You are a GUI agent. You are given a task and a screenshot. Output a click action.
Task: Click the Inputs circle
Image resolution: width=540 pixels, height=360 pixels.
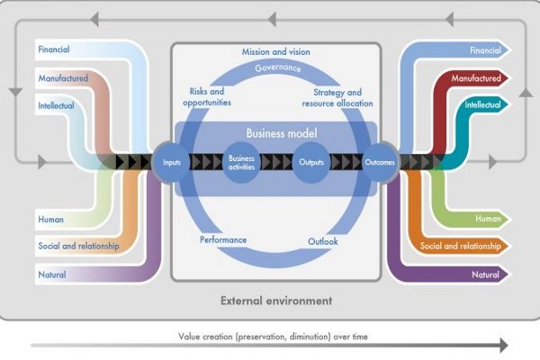(x=171, y=162)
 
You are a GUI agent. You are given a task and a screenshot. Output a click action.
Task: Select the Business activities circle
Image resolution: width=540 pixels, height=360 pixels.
(x=241, y=163)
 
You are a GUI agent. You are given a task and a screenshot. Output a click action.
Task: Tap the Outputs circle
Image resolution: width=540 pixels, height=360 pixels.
(x=311, y=162)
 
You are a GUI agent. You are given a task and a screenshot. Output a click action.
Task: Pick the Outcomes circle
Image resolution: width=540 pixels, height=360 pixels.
(x=380, y=162)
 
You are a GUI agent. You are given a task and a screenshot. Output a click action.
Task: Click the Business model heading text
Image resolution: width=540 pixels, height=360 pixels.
(x=282, y=133)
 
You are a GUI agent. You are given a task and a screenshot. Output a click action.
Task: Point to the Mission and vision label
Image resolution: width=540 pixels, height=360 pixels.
(x=276, y=51)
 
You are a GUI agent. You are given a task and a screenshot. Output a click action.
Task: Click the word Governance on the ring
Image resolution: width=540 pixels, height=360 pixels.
(x=278, y=67)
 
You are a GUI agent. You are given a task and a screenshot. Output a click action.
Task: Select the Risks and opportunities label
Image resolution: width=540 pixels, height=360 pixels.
(x=207, y=97)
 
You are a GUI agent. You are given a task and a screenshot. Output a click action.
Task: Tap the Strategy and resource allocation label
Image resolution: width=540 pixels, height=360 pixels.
(x=337, y=98)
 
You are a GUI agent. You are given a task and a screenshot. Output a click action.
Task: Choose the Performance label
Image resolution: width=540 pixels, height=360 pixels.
(x=223, y=239)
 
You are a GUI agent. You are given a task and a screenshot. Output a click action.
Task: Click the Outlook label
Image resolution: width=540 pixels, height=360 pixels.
(x=323, y=241)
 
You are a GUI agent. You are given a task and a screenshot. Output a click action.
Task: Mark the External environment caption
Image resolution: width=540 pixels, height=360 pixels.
(x=276, y=301)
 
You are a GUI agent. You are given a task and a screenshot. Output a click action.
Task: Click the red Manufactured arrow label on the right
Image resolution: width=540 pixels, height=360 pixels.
(x=476, y=78)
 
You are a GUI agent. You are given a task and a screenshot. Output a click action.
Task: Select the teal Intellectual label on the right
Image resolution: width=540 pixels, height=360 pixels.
(x=482, y=104)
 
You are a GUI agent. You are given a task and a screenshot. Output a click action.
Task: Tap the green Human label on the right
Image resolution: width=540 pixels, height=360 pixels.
(x=488, y=219)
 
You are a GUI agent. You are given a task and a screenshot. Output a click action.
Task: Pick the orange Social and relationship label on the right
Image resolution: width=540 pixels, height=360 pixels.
(x=461, y=246)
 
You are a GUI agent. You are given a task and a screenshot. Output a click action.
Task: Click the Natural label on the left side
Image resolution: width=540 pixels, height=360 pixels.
(x=52, y=274)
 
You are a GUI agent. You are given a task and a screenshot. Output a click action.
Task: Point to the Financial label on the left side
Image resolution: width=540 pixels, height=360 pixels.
(x=54, y=49)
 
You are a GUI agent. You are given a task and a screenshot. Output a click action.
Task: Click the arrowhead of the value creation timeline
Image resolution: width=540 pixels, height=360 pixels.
(x=504, y=346)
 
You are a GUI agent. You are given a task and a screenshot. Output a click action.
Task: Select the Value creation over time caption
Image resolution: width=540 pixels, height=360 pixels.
(x=273, y=337)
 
